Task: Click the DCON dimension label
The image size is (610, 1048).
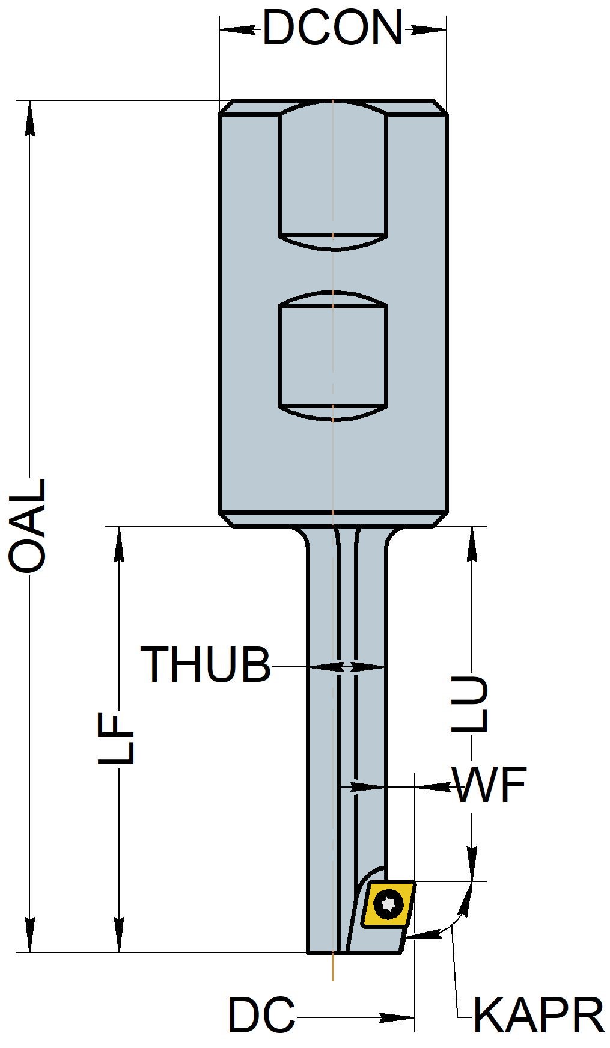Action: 332,28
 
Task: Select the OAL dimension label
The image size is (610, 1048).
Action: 27,525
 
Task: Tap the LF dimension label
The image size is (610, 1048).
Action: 116,739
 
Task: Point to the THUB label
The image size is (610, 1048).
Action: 206,665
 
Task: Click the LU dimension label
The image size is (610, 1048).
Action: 470,704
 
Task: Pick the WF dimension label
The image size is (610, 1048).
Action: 489,785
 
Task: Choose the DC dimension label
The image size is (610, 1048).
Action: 261,1016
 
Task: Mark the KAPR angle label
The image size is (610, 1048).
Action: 538,1016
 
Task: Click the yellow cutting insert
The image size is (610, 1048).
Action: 388,904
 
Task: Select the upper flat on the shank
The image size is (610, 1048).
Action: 333,174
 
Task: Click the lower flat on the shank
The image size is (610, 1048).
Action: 333,356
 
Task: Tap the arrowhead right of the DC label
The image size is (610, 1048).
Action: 397,1017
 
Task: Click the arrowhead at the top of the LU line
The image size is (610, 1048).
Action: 472,545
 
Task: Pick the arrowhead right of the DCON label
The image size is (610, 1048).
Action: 429,29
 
